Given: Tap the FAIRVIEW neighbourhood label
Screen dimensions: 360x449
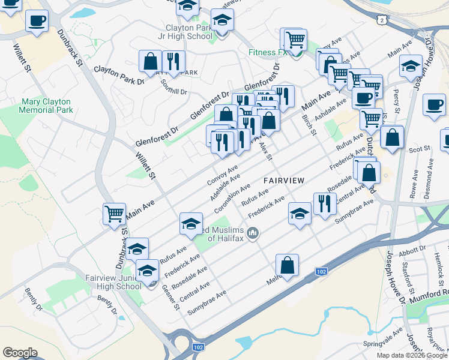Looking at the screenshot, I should pyautogui.click(x=283, y=180).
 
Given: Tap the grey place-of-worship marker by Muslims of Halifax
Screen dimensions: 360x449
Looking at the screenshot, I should pyautogui.click(x=253, y=233).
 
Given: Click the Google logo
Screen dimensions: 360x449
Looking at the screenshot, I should pyautogui.click(x=20, y=353).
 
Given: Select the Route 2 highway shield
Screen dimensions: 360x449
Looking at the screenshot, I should pyautogui.click(x=382, y=20).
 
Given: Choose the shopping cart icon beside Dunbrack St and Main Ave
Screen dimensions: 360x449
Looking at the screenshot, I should pyautogui.click(x=113, y=214).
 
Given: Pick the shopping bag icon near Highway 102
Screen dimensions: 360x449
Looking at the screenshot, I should pyautogui.click(x=288, y=265).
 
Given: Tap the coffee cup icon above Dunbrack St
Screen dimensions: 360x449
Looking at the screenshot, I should pyautogui.click(x=37, y=21).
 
